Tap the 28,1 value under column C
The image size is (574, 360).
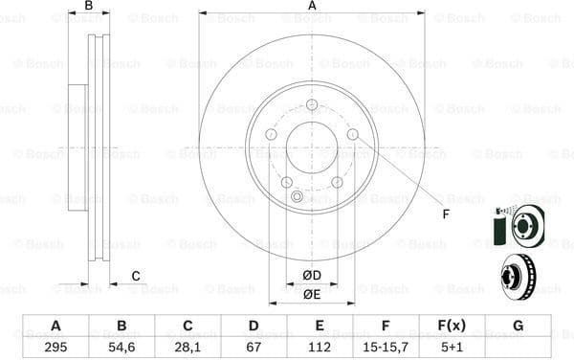pos(188,346)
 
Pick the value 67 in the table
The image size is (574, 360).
pos(254,346)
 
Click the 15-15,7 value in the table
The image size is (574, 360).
pos(386,346)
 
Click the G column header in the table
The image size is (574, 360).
pos(518,326)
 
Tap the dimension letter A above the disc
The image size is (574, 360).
pos(312,7)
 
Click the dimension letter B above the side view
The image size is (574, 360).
pos(88,7)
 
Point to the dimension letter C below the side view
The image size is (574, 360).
pos(135,276)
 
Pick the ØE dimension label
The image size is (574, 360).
pos(312,294)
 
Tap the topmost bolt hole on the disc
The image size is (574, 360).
pos(312,105)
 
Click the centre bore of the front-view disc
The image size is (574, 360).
pos(312,147)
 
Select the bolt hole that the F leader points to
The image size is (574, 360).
pos(352,134)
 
